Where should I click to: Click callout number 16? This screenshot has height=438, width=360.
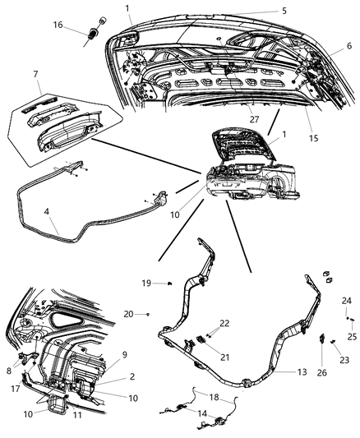[58, 25]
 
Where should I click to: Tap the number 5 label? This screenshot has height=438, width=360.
[284, 11]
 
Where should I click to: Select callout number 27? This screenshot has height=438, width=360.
[254, 119]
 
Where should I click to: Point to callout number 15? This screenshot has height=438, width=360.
[314, 138]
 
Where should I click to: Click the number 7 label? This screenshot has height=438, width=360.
[35, 75]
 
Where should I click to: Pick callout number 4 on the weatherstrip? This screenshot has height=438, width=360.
[46, 212]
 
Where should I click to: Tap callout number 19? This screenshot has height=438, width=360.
[146, 284]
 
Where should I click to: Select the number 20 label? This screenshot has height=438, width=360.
[129, 314]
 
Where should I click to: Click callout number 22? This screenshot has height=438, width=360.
[224, 323]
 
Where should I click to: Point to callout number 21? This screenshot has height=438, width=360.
[225, 357]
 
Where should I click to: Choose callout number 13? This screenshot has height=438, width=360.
[302, 371]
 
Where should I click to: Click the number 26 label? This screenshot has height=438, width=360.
[321, 372]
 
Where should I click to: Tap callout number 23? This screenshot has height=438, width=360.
[344, 360]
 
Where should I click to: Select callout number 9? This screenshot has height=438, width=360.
[124, 355]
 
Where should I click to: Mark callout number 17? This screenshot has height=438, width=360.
[16, 388]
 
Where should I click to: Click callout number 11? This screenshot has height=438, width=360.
[77, 415]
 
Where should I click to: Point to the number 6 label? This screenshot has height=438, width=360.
[349, 46]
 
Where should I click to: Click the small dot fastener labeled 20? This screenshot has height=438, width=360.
[148, 314]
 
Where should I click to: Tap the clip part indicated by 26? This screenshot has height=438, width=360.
[321, 339]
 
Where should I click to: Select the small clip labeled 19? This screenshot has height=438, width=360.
[169, 284]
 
